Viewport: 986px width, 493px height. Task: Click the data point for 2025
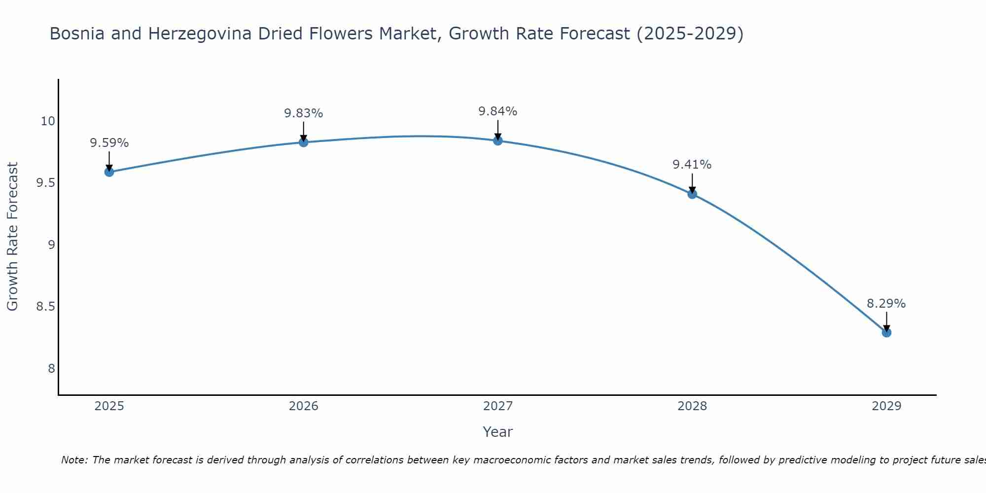tap(109, 172)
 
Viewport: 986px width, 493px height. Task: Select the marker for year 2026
tap(303, 142)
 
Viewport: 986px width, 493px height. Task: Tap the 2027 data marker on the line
tap(497, 141)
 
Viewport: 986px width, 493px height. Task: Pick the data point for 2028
tap(692, 194)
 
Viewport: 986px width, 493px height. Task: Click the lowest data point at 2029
tap(886, 332)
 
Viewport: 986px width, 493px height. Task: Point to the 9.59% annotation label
tap(109, 143)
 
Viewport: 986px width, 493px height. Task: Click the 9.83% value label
tap(303, 113)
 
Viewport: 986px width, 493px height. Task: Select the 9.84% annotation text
tap(497, 111)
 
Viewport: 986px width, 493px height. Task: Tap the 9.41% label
tap(692, 165)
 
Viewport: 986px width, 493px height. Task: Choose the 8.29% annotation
tap(886, 304)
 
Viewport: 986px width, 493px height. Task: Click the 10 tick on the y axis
tap(48, 121)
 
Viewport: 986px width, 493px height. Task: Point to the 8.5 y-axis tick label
tap(45, 307)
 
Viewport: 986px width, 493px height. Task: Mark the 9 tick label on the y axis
tap(51, 245)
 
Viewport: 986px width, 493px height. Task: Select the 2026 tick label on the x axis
tap(303, 406)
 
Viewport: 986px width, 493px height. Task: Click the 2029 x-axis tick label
tap(886, 406)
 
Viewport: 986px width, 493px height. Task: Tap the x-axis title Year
tap(497, 432)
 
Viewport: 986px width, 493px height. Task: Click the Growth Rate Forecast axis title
tap(12, 237)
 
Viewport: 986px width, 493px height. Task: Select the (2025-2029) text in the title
tap(690, 34)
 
